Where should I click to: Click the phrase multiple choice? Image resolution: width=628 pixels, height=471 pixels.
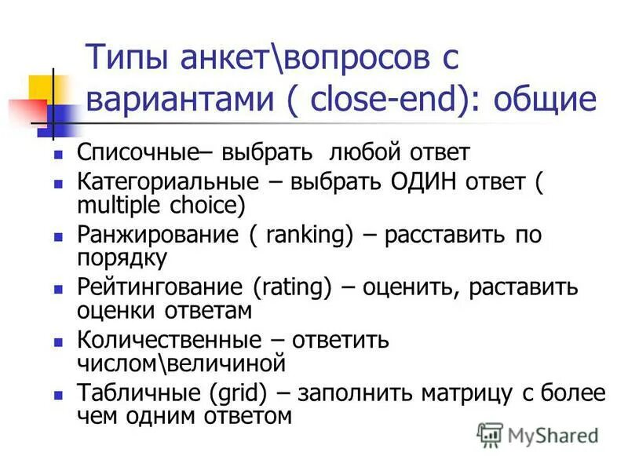click(161, 205)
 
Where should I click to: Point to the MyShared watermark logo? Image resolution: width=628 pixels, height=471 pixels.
click(537, 434)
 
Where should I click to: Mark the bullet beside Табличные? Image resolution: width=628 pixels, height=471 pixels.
click(57, 395)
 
